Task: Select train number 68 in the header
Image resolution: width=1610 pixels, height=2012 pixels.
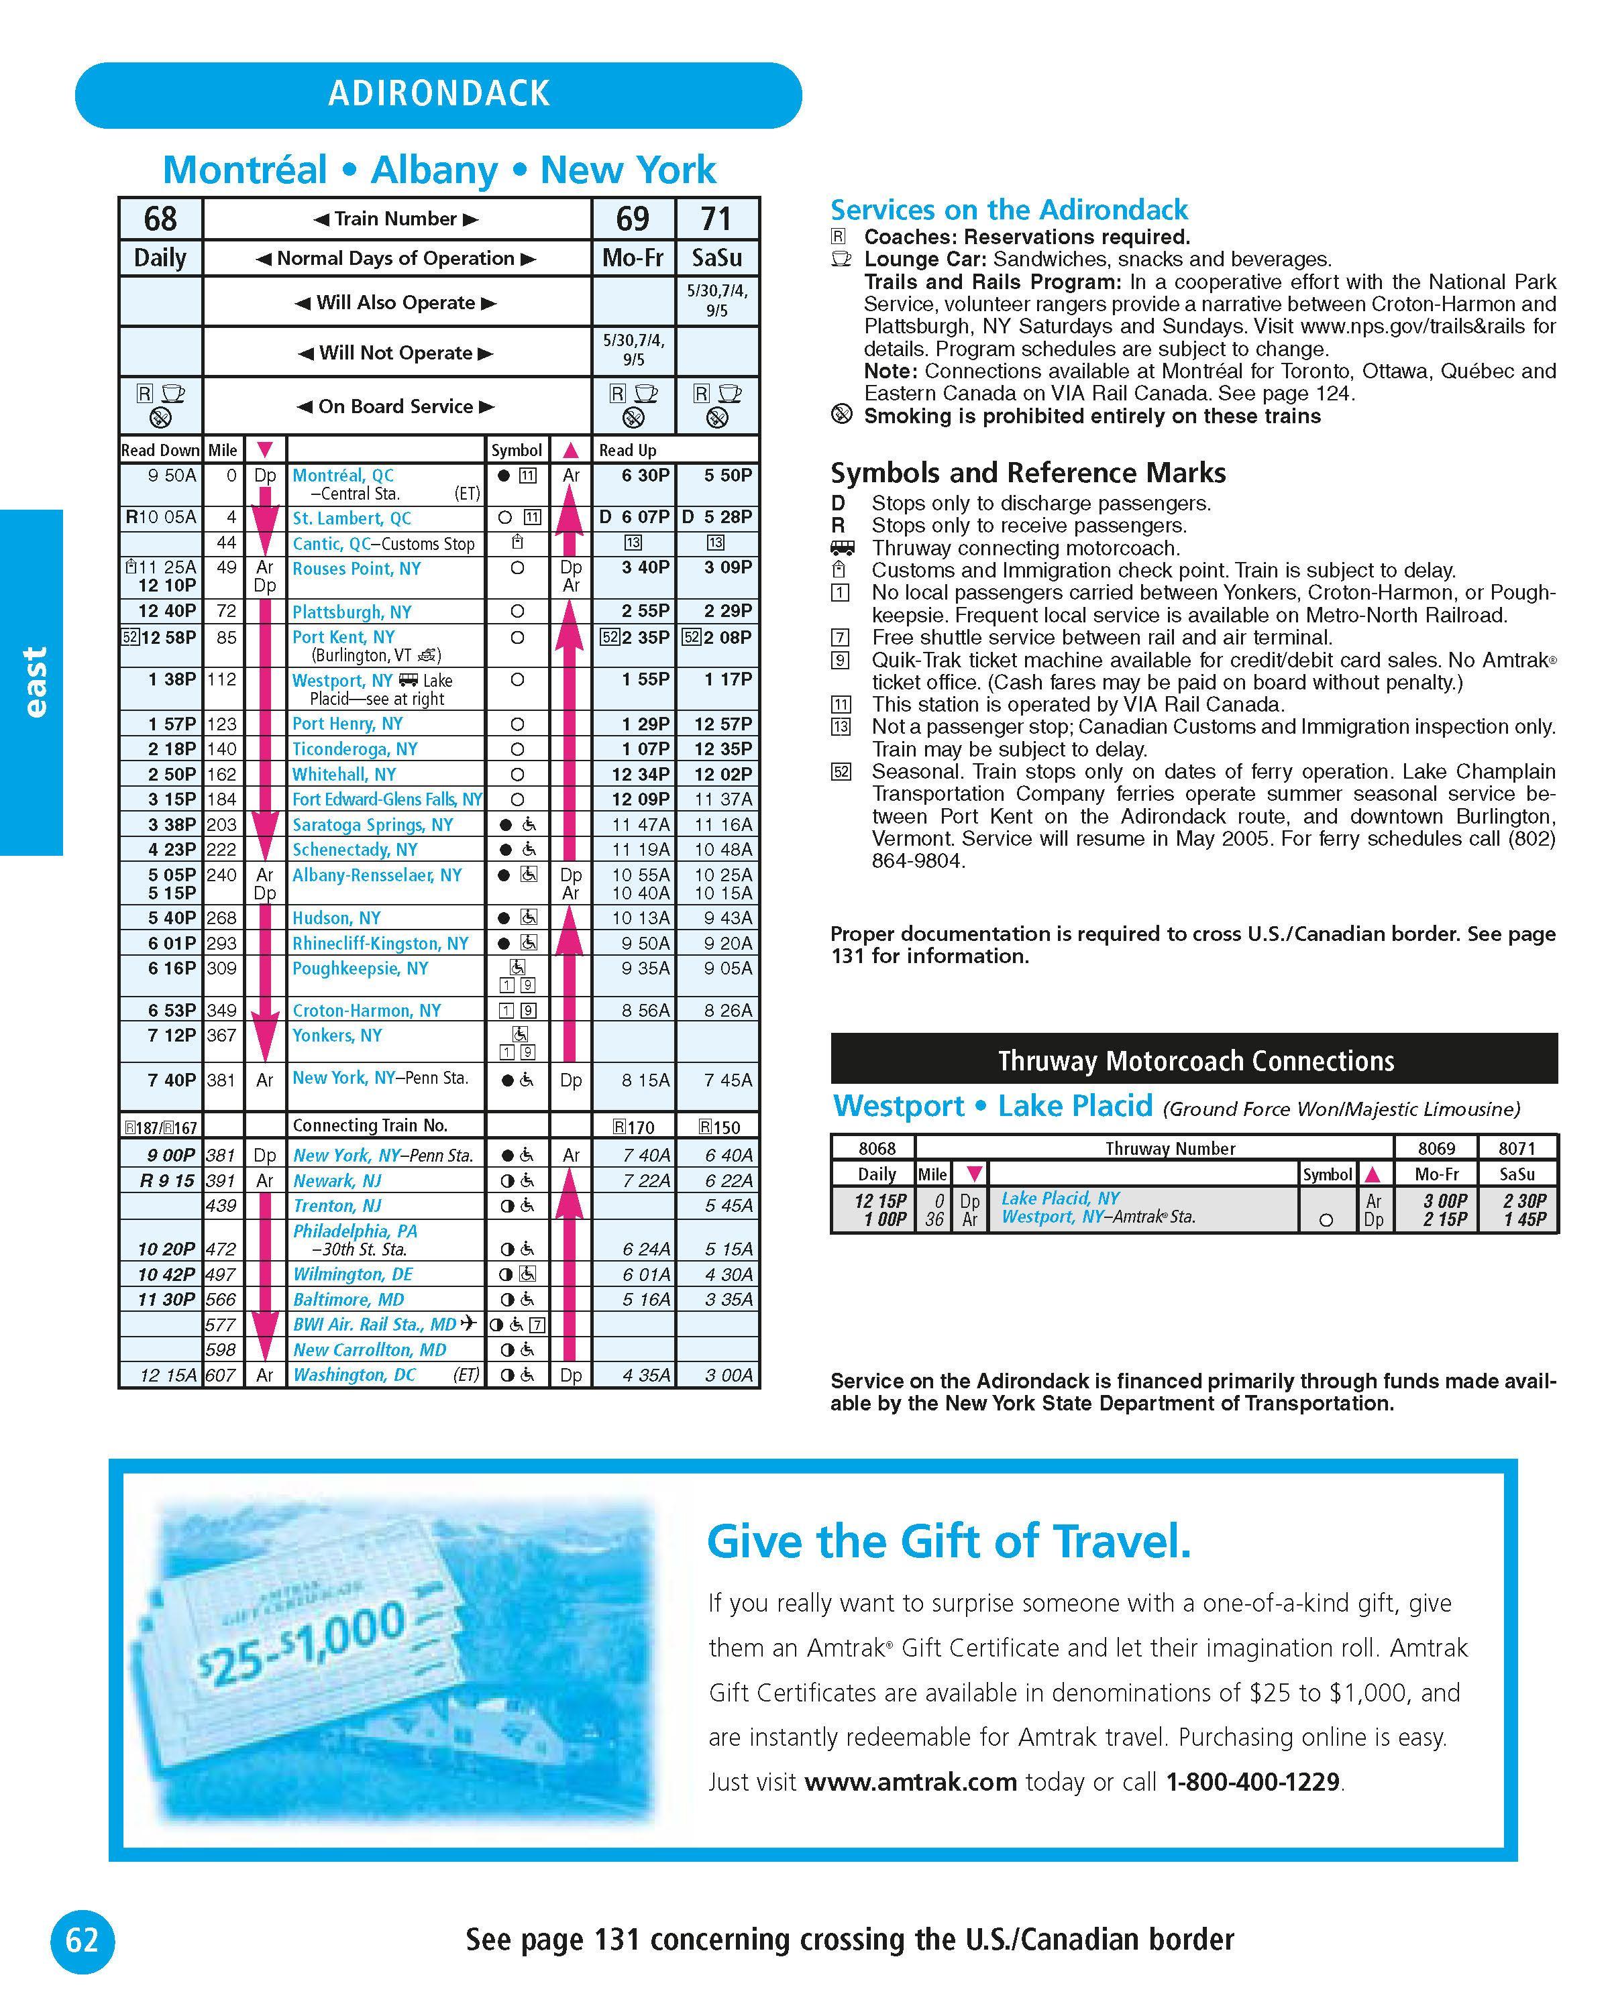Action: point(160,219)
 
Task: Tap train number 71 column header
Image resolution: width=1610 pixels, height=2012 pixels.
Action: point(716,219)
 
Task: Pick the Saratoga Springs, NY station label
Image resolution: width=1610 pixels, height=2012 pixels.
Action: point(372,825)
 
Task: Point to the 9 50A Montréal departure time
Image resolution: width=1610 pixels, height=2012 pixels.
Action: point(172,475)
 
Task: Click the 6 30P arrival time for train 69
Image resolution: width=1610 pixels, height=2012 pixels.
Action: point(645,475)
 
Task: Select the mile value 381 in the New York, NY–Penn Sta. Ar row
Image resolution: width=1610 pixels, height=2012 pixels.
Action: point(221,1080)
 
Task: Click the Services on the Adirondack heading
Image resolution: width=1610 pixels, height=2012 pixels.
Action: point(1009,210)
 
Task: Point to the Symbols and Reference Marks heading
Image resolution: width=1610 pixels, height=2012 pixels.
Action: point(1028,473)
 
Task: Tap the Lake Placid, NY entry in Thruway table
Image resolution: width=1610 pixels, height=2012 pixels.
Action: point(1061,1198)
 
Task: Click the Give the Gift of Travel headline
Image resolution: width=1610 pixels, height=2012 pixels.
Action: point(949,1542)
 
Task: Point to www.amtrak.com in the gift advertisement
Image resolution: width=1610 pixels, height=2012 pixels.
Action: point(910,1783)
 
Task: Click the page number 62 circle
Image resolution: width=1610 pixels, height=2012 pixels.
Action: point(82,1940)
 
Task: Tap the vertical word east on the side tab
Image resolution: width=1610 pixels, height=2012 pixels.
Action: point(34,682)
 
